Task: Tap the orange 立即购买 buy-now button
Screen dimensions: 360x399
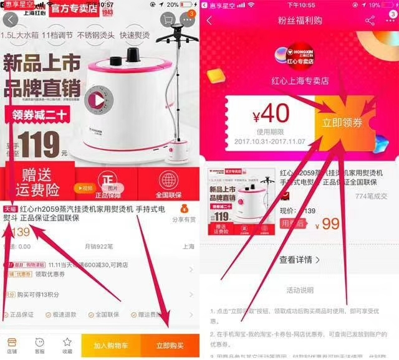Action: click(170, 345)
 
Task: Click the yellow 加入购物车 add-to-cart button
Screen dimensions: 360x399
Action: click(110, 345)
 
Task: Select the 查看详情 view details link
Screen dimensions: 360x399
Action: click(299, 260)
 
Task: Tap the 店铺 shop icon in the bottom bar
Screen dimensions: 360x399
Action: click(12, 345)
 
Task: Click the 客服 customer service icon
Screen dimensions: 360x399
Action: click(39, 345)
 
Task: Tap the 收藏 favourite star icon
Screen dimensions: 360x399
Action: click(67, 345)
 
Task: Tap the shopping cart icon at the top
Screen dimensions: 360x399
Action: click(167, 20)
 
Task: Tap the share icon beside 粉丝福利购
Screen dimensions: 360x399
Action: click(370, 21)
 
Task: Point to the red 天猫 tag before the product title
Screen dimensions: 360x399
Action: click(11, 209)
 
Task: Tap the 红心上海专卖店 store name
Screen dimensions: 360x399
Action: click(299, 81)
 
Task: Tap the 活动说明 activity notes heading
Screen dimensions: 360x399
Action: click(299, 290)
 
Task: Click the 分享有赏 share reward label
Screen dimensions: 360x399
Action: click(183, 220)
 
